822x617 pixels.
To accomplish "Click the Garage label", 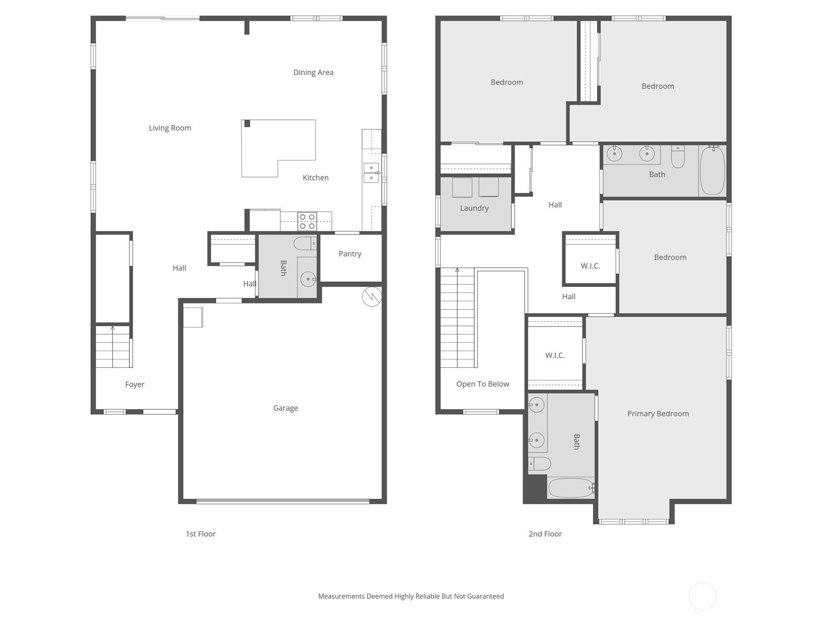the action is (x=285, y=408).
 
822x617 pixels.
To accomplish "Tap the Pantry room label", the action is (x=350, y=254).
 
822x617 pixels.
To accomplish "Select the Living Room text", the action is (x=170, y=128).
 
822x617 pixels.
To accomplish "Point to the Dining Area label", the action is (x=313, y=72).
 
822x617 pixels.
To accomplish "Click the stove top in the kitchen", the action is (x=307, y=222).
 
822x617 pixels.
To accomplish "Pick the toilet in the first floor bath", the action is (x=305, y=244).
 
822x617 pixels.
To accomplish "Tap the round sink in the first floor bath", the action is (x=308, y=279).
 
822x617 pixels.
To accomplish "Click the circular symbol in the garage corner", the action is (x=372, y=297).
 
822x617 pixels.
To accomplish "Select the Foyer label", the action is (x=135, y=385).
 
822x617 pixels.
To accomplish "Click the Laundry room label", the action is (x=474, y=208).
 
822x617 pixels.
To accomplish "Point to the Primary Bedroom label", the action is (x=658, y=413).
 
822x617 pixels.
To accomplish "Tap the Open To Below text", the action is (x=482, y=384).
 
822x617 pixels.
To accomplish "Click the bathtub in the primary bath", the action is (x=571, y=488).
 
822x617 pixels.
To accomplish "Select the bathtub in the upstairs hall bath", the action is (x=712, y=171).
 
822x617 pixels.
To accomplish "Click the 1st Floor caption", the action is (x=201, y=534).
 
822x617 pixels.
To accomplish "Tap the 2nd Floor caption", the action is (x=545, y=534).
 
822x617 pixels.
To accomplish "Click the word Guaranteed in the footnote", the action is (x=484, y=596).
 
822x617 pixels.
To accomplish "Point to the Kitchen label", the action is (x=315, y=177).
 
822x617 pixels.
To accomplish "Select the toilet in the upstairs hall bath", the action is (x=678, y=157).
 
